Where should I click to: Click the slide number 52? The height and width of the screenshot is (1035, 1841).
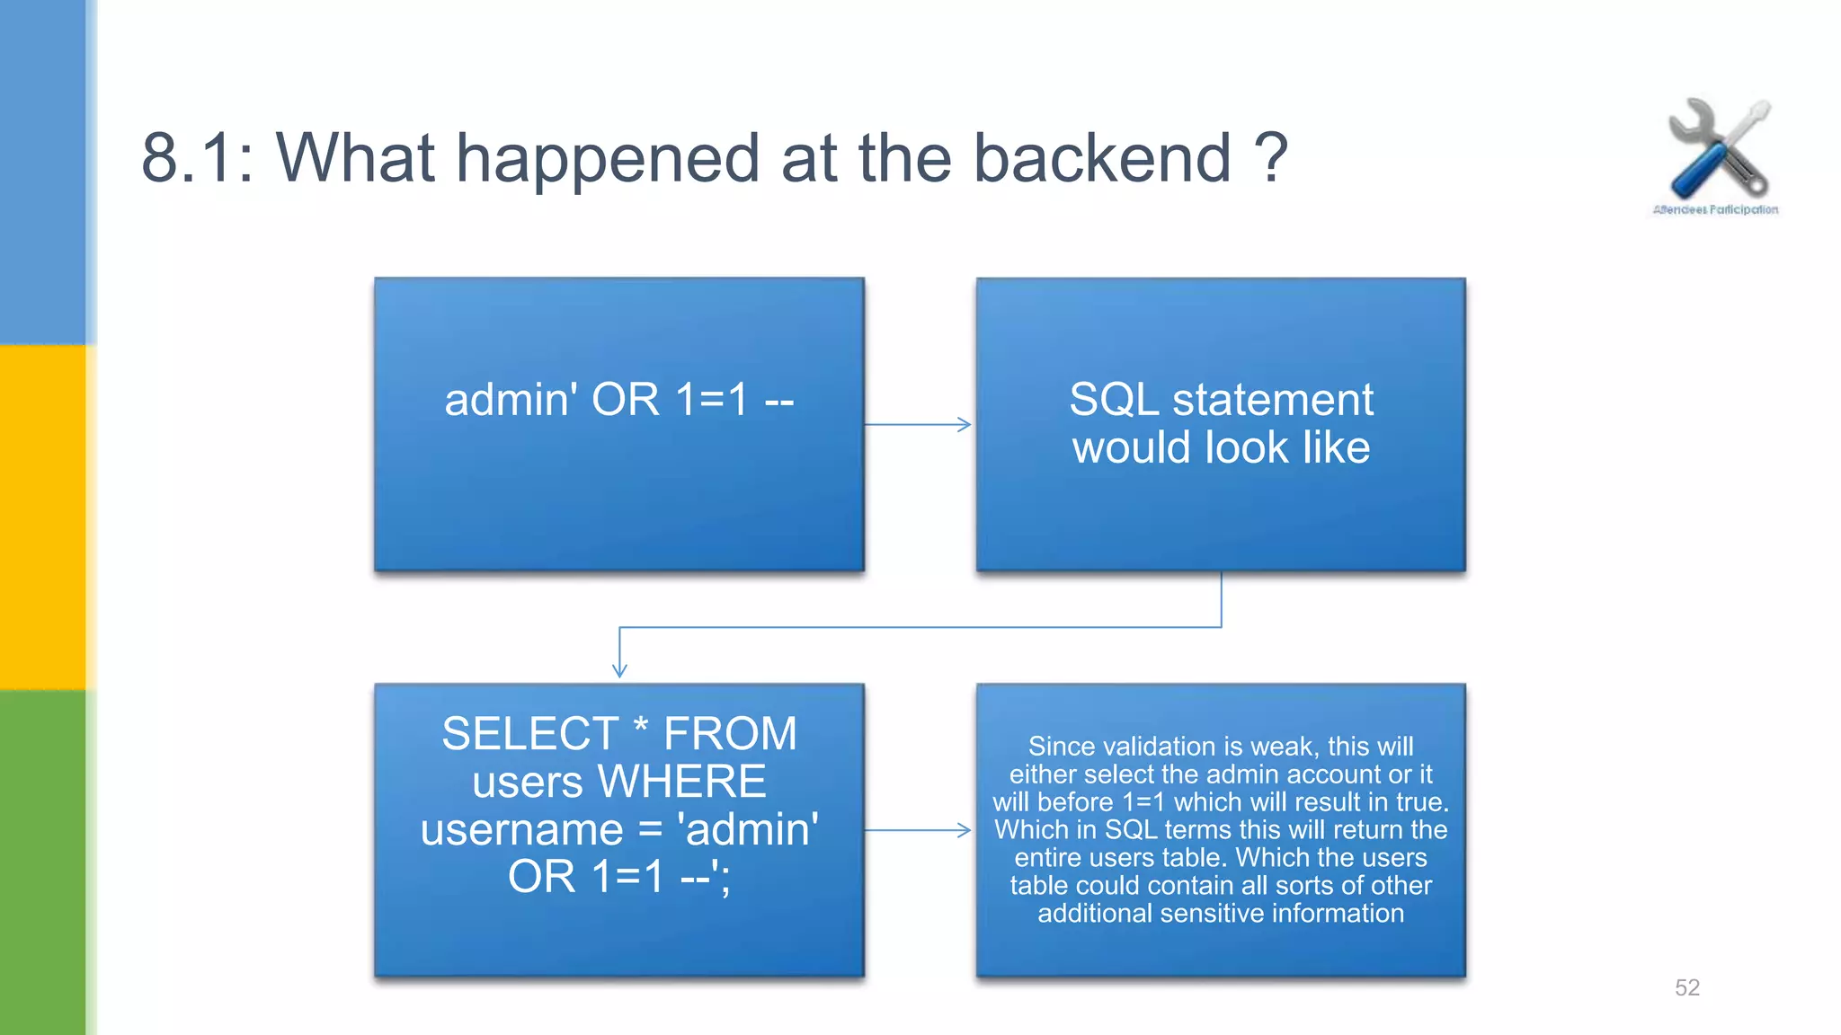click(1686, 987)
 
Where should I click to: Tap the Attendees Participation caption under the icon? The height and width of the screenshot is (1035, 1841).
click(1715, 210)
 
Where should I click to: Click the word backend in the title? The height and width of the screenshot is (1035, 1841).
click(1102, 158)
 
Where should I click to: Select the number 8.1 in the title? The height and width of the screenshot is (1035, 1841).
click(188, 158)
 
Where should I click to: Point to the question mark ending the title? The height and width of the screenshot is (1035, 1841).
click(1270, 158)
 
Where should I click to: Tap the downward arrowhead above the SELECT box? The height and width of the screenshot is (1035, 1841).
click(619, 668)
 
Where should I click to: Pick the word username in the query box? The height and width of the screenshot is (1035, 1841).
click(521, 828)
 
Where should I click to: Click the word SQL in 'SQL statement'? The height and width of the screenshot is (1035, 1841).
click(1113, 399)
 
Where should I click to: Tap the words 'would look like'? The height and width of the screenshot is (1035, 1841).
click(1221, 447)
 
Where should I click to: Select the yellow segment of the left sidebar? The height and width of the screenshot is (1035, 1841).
click(42, 517)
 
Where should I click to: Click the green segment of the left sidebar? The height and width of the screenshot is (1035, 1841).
click(42, 862)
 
